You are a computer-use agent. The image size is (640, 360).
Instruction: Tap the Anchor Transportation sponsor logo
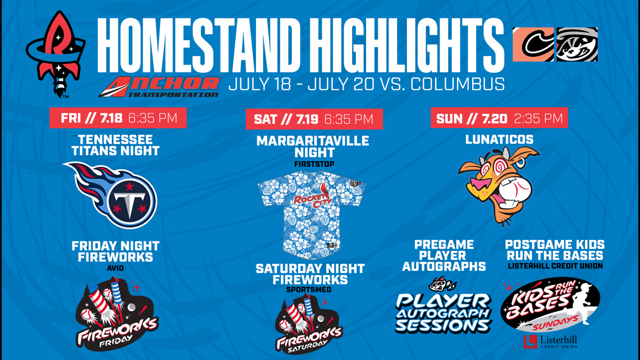(159, 86)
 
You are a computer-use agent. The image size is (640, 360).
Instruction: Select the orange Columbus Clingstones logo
(533, 44)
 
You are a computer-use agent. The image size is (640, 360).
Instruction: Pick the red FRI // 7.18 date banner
(118, 118)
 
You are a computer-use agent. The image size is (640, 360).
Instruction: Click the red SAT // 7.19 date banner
(314, 119)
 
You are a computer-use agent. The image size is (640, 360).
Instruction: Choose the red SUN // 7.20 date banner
(499, 118)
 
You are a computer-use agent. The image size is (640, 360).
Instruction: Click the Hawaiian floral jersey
(312, 215)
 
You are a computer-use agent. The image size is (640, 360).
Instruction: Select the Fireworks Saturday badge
(309, 324)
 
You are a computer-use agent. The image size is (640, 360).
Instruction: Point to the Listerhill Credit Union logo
(551, 341)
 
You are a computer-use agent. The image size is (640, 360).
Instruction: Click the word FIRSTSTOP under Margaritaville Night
(314, 164)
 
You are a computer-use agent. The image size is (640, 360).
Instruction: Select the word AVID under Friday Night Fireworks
(116, 268)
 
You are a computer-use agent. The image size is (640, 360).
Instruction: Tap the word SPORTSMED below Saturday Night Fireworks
(309, 290)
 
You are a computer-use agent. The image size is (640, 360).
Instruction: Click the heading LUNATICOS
(500, 140)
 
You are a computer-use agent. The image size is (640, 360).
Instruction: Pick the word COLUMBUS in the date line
(458, 84)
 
